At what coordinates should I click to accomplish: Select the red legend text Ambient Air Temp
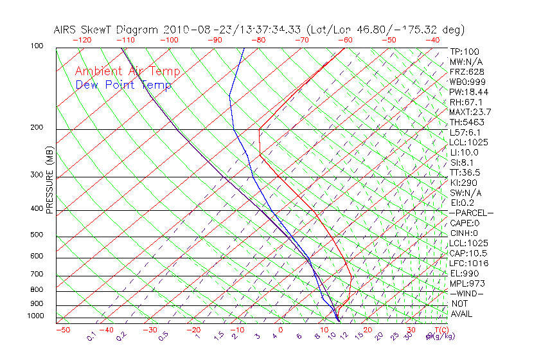click(127, 72)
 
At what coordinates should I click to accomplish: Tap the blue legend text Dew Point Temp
click(123, 85)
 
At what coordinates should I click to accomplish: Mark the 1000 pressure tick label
click(36, 316)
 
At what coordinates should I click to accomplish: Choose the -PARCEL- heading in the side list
click(471, 213)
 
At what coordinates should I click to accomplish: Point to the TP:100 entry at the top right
click(465, 51)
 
